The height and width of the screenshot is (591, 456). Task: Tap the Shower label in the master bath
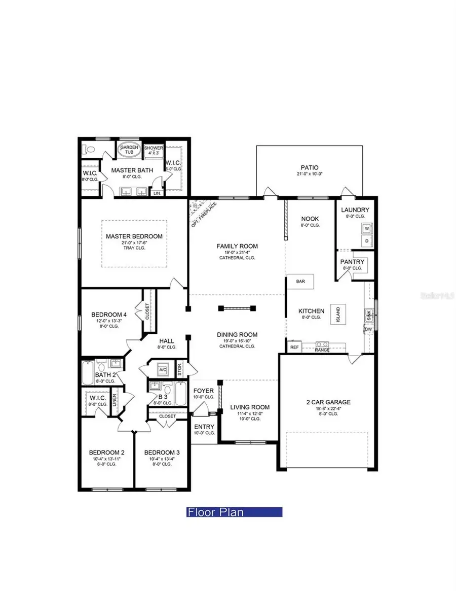coord(154,148)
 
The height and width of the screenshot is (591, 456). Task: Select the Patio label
coord(309,168)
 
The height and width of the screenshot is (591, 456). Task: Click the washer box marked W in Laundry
coord(366,228)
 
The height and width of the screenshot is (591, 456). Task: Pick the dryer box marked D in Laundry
coord(366,241)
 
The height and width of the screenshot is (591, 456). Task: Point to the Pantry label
coord(353,262)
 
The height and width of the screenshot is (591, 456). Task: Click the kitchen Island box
coord(335,315)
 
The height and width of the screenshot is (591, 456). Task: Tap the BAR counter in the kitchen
coord(301,282)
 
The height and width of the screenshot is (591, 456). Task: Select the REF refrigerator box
coord(294,347)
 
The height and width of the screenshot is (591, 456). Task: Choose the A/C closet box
coord(163,369)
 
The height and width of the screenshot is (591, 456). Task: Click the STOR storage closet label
coord(179,369)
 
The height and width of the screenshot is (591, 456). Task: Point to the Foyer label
coord(204,391)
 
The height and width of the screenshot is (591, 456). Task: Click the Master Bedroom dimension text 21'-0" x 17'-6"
coord(134,243)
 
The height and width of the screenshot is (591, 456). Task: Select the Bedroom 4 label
coord(109,314)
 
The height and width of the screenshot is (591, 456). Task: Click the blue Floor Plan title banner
coord(234,512)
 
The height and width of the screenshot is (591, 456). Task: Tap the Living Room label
coord(250,407)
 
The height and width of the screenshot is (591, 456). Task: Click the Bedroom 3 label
coord(162,453)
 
